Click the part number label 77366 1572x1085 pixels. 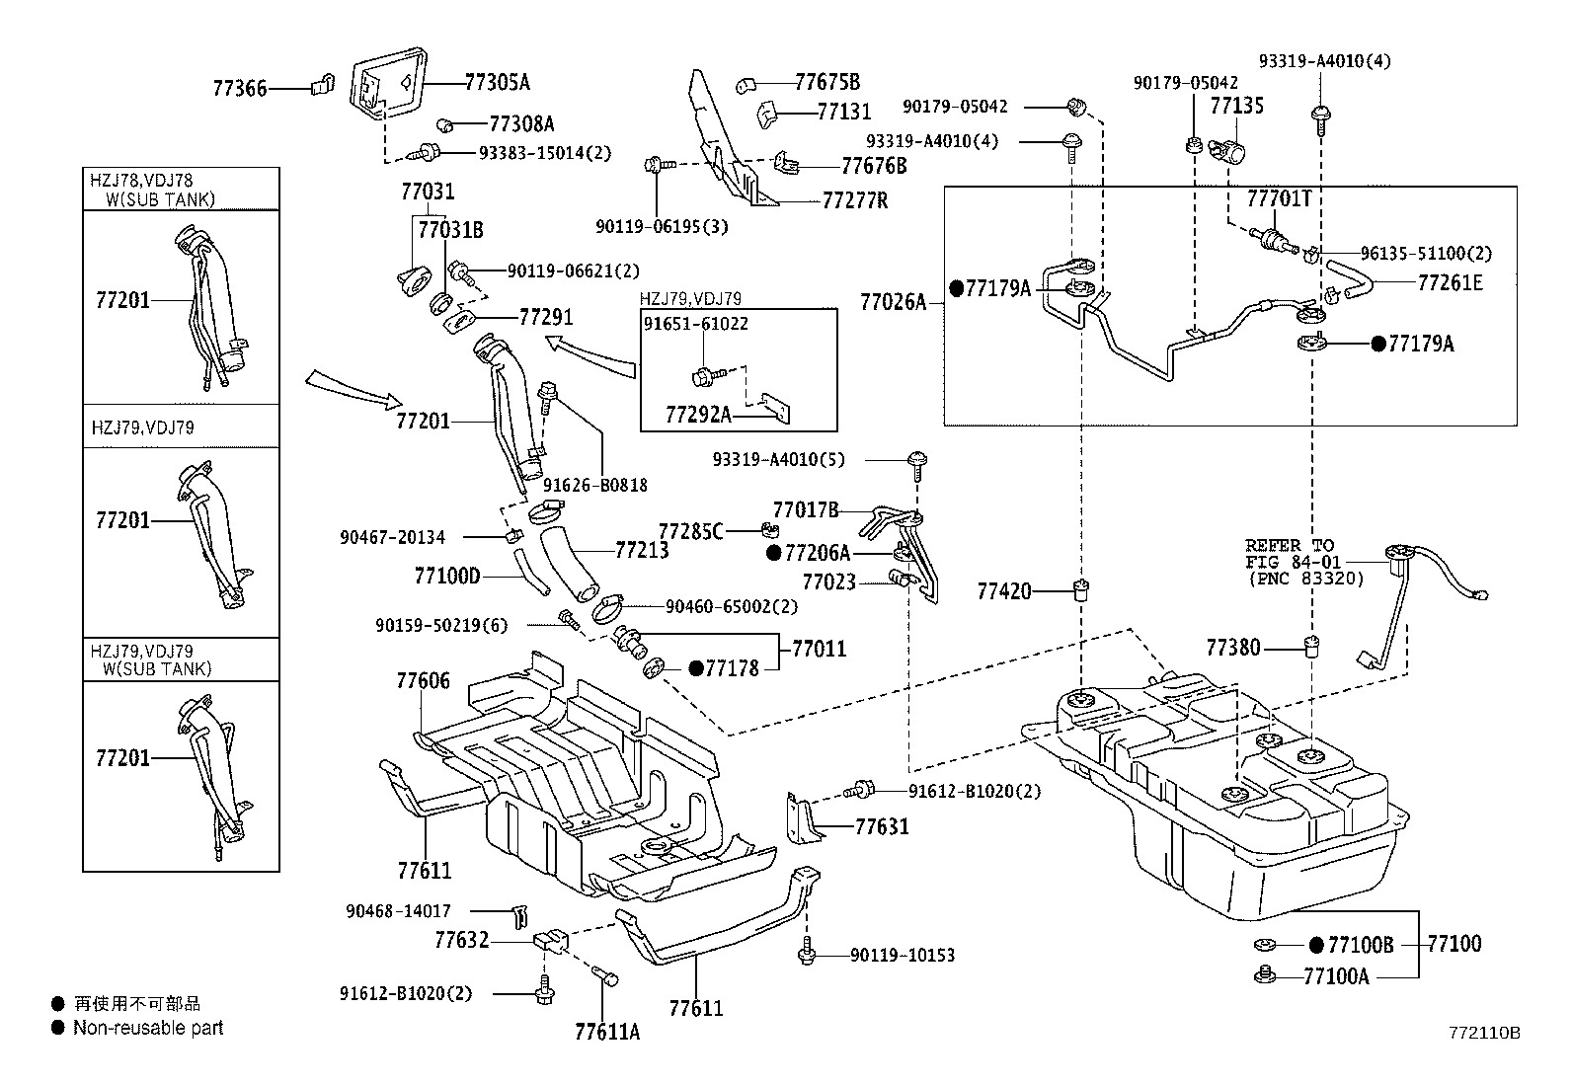(240, 89)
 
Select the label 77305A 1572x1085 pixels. (497, 82)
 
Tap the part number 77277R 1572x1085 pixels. (855, 201)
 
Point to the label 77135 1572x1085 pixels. (1237, 106)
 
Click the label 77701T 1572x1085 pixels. (1279, 198)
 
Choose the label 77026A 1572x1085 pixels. (893, 302)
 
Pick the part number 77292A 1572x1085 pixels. (698, 415)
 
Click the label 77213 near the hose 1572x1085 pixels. (642, 550)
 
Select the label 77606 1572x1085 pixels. (424, 680)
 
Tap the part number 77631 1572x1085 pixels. (882, 826)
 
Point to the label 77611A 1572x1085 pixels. (607, 1032)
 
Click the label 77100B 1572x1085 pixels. (1361, 945)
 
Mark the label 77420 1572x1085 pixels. (1004, 591)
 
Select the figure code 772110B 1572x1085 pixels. (1484, 1033)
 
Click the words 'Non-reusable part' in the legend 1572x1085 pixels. (148, 1028)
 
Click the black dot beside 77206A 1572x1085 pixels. (774, 554)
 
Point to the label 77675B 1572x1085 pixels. (827, 81)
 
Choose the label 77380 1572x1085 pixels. (1232, 648)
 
